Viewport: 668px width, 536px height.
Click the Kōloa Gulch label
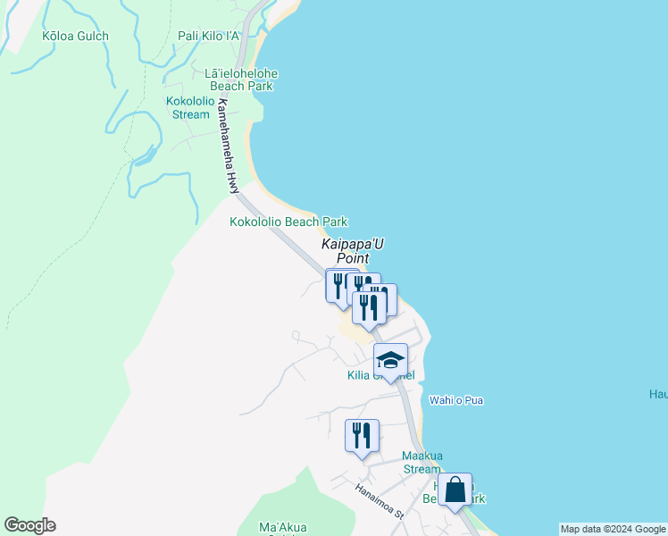75,37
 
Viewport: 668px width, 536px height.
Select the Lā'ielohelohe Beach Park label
241,80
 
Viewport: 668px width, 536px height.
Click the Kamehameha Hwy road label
228,145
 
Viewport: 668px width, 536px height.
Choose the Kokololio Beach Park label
288,222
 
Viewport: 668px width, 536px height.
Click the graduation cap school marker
390,360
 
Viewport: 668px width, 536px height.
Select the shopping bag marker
455,490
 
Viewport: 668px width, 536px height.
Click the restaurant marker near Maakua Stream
362,436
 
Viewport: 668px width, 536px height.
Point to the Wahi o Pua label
456,400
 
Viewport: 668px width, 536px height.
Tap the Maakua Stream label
421,462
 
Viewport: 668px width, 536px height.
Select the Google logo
29,525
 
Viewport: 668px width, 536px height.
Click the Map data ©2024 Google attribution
613,529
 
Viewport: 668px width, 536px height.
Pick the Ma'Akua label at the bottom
282,527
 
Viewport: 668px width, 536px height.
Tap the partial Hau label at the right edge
658,393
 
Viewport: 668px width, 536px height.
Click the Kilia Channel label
380,375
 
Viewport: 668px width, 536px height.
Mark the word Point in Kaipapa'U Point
353,258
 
